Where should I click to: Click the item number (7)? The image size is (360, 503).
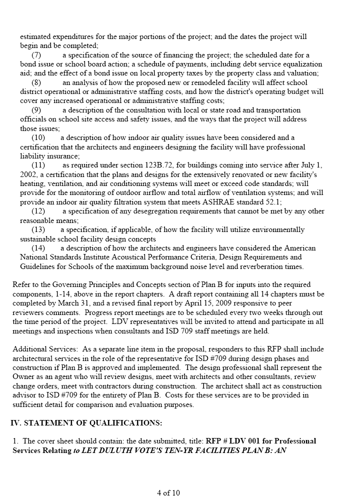pyautogui.click(x=36, y=55)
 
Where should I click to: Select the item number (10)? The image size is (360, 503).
pyautogui.click(x=38, y=137)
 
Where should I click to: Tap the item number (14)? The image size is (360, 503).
pyautogui.click(x=38, y=248)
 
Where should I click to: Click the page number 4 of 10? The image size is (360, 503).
pyautogui.click(x=168, y=492)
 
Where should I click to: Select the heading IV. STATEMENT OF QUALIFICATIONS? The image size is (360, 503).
pyautogui.click(x=86, y=422)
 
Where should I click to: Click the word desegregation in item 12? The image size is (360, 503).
pyautogui.click(x=150, y=211)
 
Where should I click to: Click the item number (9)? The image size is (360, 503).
pyautogui.click(x=36, y=110)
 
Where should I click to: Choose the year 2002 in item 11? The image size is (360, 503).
pyautogui.click(x=28, y=174)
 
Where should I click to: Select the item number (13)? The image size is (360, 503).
pyautogui.click(x=38, y=229)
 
